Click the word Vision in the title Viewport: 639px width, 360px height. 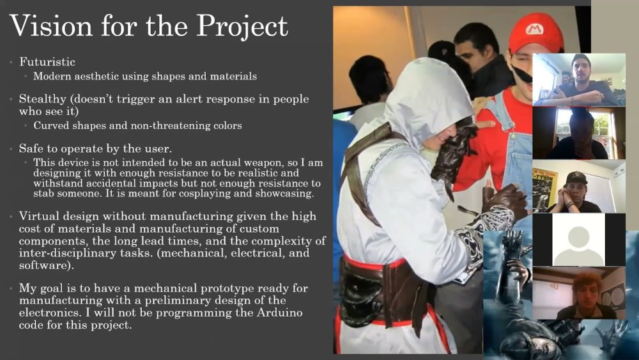click(x=51, y=26)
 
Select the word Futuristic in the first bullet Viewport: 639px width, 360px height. click(x=47, y=61)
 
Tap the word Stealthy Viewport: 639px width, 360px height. click(x=42, y=100)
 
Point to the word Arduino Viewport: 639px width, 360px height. click(x=280, y=313)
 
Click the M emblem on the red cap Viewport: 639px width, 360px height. click(x=534, y=29)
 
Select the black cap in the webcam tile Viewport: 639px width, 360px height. click(x=576, y=177)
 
